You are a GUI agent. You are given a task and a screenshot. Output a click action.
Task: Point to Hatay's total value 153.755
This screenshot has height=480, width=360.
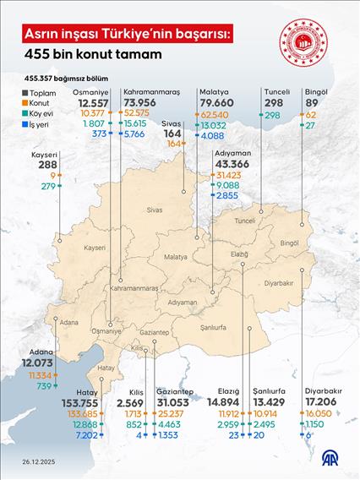[x=100, y=402]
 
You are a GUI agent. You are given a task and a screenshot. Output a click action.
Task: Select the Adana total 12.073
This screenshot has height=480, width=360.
[x=38, y=362]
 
